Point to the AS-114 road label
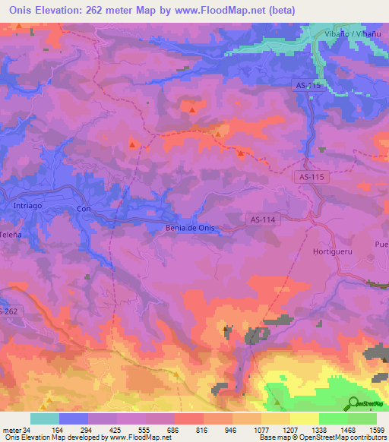coord(263,219)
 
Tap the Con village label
coord(84,208)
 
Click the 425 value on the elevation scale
coord(103,430)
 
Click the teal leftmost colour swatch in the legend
coord(45,418)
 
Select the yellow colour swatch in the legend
coord(305,418)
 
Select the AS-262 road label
coord(8,312)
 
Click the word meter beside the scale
coord(11,430)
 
